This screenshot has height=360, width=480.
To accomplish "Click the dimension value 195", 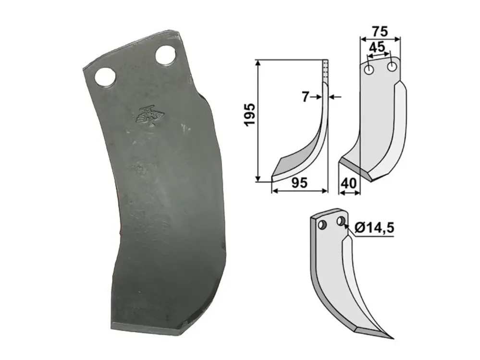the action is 250,114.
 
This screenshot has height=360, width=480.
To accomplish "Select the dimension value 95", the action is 299,183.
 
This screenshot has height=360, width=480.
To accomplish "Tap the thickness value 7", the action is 305,97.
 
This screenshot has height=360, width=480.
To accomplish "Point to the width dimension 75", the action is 380,32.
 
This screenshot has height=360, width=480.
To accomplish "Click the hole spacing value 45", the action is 377,47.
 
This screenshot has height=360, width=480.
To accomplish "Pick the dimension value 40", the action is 349,183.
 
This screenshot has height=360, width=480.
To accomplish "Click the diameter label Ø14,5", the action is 374,228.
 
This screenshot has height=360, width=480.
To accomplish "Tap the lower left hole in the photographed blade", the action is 105,77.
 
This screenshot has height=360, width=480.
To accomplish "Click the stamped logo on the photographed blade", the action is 150,116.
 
